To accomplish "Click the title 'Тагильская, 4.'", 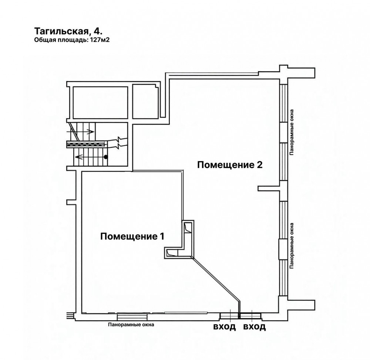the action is (x=68, y=31).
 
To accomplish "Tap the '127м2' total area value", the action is (x=99, y=40).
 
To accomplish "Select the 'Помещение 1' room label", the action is (x=132, y=236).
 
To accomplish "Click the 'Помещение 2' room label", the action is (x=230, y=165).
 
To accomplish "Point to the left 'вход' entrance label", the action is (x=225, y=327).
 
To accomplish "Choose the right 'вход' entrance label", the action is (x=255, y=327).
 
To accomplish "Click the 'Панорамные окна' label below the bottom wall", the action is (x=131, y=325).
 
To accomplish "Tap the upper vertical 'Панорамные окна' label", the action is (x=292, y=132).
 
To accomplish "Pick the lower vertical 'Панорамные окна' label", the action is (x=292, y=246).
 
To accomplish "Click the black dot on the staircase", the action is (x=105, y=157).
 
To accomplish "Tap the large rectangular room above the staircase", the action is (x=100, y=102).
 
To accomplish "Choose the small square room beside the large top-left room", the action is (x=145, y=101).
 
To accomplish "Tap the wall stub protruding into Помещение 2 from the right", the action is (x=269, y=189).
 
